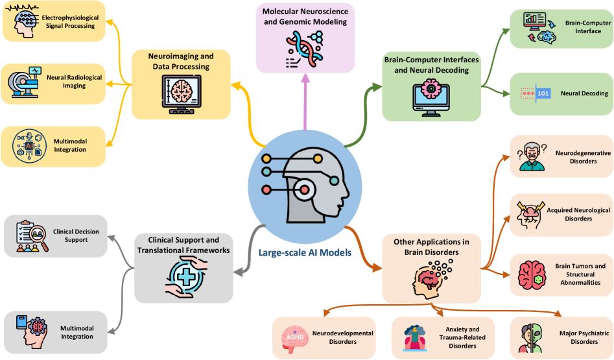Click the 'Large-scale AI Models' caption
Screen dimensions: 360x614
pyautogui.click(x=304, y=253)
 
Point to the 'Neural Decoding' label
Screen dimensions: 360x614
pyautogui.click(x=584, y=93)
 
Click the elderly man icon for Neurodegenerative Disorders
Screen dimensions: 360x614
pyautogui.click(x=530, y=158)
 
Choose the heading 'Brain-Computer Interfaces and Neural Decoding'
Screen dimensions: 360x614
pyautogui.click(x=431, y=66)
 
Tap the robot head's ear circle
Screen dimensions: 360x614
pyautogui.click(x=305, y=189)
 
